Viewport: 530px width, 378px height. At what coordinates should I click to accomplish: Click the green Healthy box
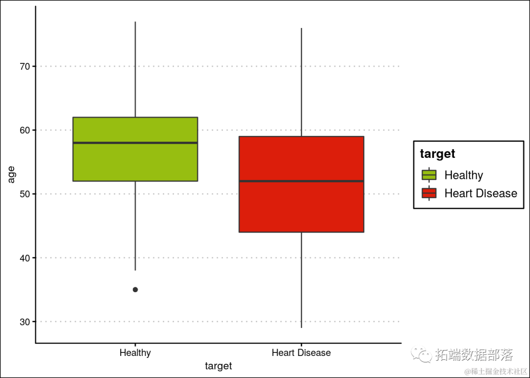click(x=135, y=162)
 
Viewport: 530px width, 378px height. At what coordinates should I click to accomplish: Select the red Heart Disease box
click(x=301, y=206)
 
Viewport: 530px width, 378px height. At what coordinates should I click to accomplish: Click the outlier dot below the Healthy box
click(x=135, y=290)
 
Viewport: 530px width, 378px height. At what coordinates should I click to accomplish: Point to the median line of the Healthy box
click(x=135, y=143)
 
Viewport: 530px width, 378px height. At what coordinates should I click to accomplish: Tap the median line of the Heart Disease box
click(x=301, y=181)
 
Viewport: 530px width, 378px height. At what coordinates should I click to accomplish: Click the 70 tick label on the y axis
click(x=25, y=66)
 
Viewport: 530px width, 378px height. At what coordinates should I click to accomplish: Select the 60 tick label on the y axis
click(x=25, y=130)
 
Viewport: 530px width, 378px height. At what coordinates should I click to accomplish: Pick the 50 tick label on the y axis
click(x=25, y=194)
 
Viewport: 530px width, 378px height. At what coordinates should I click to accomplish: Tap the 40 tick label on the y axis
click(x=25, y=258)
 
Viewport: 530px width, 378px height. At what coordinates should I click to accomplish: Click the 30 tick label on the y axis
click(x=25, y=322)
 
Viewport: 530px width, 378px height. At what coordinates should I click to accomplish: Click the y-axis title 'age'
click(x=11, y=175)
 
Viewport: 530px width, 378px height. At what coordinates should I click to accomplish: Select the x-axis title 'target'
click(x=218, y=366)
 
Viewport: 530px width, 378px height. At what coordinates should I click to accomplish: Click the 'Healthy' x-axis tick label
click(x=135, y=353)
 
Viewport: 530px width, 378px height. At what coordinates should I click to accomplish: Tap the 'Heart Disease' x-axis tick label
click(x=301, y=353)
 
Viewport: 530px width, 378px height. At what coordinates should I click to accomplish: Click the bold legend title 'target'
click(x=438, y=154)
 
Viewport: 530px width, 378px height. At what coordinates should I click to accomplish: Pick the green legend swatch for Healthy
click(x=429, y=175)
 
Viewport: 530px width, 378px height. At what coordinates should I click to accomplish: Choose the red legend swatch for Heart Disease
click(x=429, y=193)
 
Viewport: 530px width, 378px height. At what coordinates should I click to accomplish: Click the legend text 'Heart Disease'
click(x=480, y=193)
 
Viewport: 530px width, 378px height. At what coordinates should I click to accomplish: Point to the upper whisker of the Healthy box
click(x=135, y=69)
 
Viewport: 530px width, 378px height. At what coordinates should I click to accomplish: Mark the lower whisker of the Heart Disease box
click(x=301, y=279)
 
